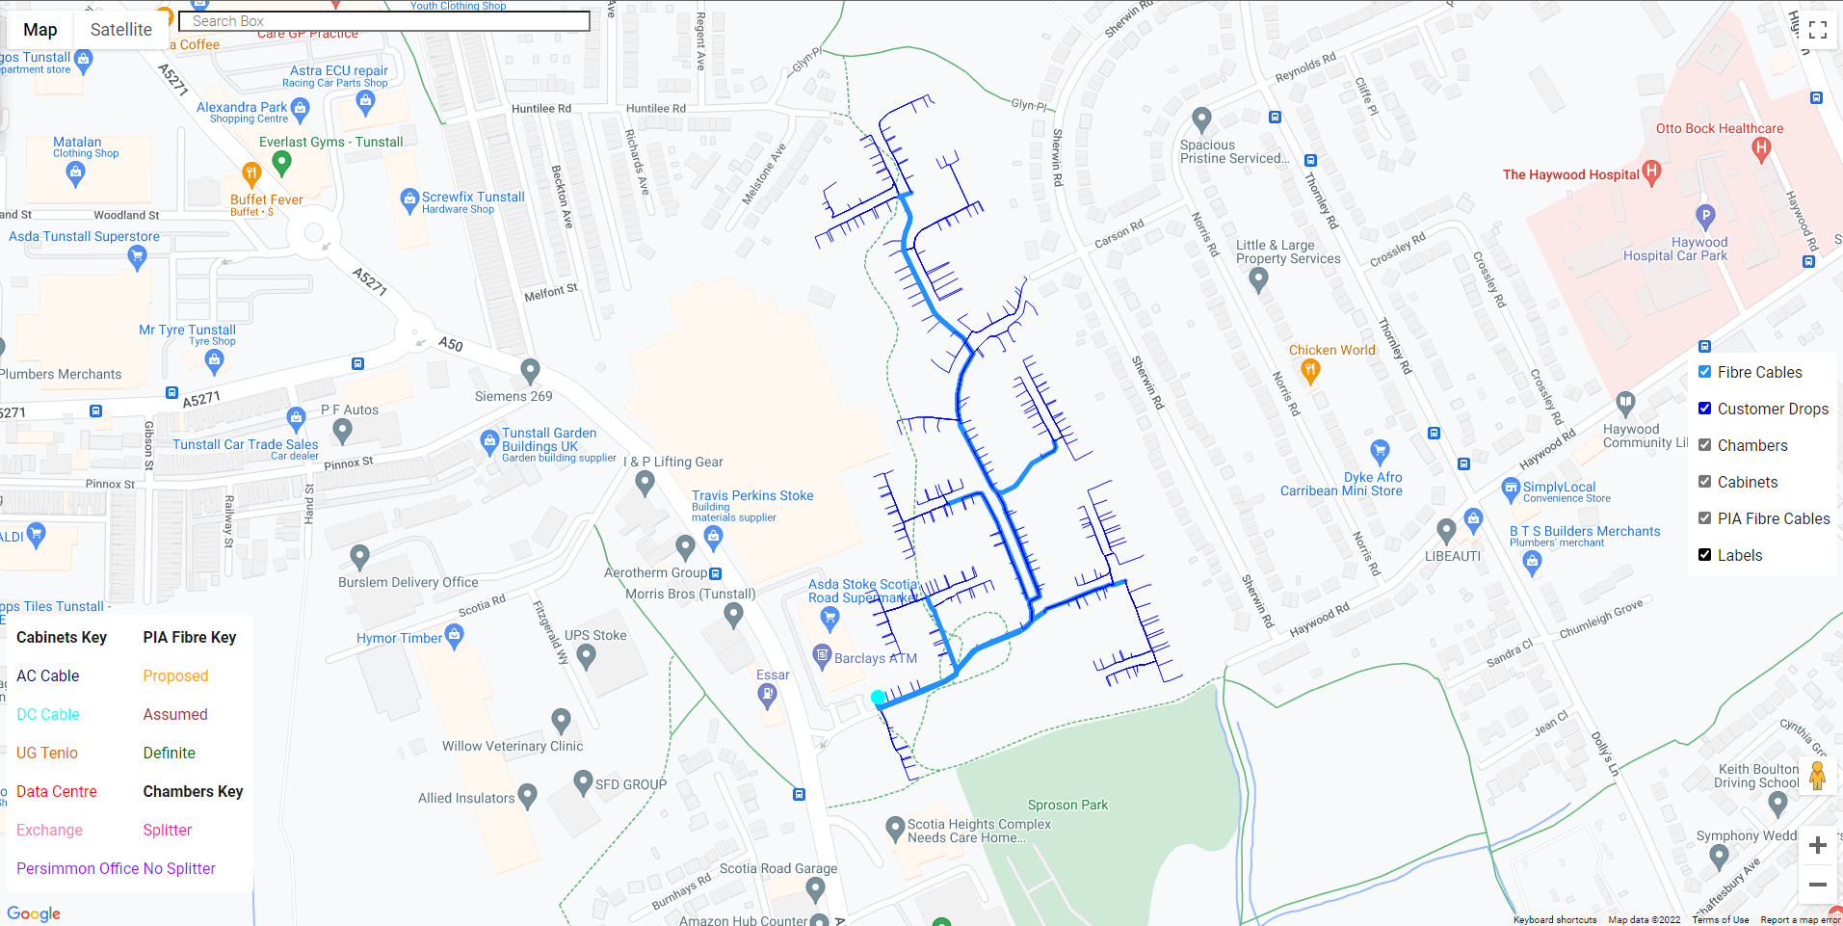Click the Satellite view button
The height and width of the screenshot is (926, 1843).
click(x=120, y=30)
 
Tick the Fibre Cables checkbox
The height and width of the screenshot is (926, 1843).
click(x=1704, y=372)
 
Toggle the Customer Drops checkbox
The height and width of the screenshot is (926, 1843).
click(x=1704, y=409)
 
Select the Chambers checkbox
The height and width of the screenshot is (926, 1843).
click(x=1704, y=445)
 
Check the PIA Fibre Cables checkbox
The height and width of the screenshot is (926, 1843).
click(x=1704, y=518)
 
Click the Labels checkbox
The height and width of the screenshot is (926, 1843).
click(x=1704, y=555)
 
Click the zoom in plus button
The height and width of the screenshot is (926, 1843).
click(x=1817, y=845)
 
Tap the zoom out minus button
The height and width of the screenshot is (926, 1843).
click(x=1817, y=884)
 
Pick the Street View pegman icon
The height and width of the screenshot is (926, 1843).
click(x=1817, y=776)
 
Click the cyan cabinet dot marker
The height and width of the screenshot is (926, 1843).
click(x=878, y=697)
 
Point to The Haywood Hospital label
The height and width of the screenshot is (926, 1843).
click(x=1570, y=174)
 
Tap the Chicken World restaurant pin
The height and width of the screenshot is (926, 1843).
click(x=1309, y=370)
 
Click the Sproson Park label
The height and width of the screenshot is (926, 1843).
click(x=1067, y=805)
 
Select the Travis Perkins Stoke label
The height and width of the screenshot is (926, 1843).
click(x=752, y=495)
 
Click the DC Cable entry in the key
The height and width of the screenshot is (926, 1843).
click(x=48, y=714)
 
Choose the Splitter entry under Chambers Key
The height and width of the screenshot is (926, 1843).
click(x=168, y=830)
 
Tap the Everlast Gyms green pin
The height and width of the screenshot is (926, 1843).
click(x=281, y=163)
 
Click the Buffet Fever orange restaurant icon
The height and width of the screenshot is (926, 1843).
click(x=251, y=174)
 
